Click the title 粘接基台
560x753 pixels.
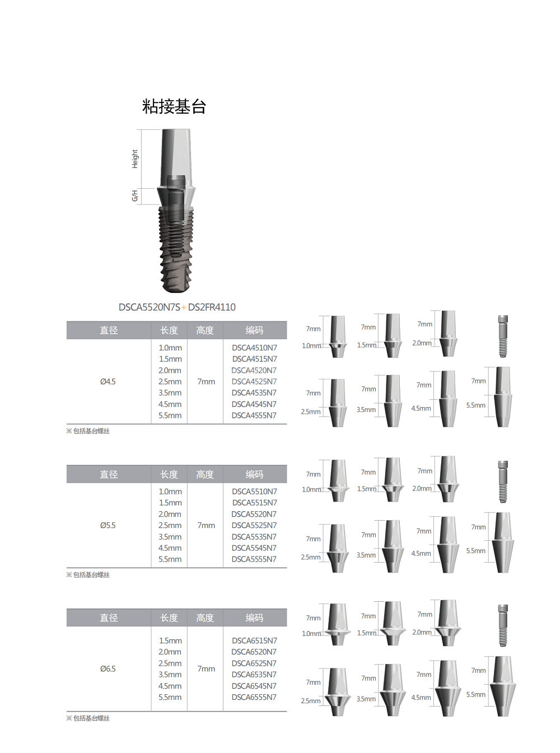click(x=174, y=106)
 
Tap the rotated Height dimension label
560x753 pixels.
click(x=135, y=159)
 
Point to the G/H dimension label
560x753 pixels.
click(x=135, y=195)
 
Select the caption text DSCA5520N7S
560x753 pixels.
click(x=150, y=307)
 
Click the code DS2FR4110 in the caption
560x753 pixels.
click(x=212, y=307)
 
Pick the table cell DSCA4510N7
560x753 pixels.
click(x=254, y=348)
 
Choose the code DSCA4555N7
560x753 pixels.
click(x=254, y=415)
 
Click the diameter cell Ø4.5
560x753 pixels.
click(x=108, y=382)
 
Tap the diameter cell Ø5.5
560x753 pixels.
click(x=108, y=525)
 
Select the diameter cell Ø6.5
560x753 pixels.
click(x=108, y=668)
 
